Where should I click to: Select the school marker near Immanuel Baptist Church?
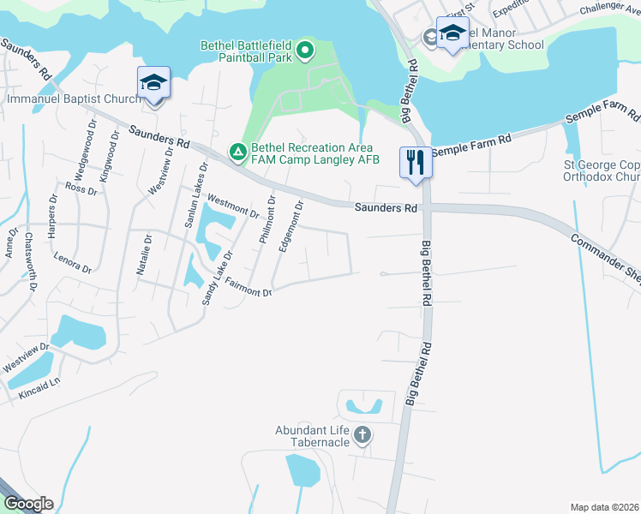coord(153,83)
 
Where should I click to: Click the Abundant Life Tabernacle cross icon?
coord(362,435)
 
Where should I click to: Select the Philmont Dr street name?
coord(267,220)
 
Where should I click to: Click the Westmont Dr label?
coord(233,206)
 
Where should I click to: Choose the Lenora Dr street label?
coord(72,262)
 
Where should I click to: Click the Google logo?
coord(27,504)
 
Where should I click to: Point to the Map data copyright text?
coord(604,507)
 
